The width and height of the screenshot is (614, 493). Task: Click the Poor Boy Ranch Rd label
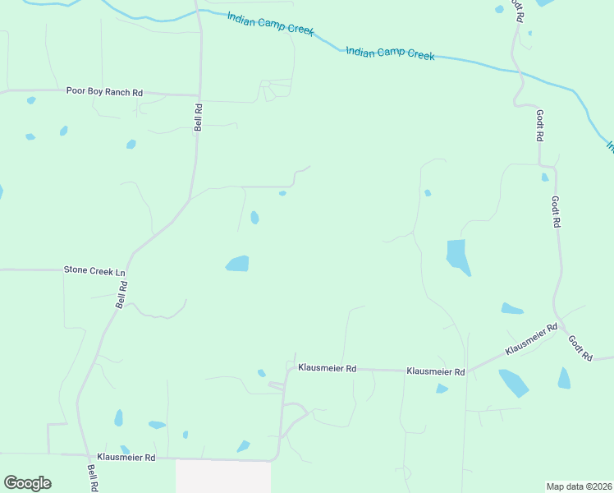104,93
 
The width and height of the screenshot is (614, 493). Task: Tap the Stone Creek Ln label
95,270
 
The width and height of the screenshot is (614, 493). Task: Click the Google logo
27,483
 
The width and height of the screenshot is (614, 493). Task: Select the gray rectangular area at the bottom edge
223,477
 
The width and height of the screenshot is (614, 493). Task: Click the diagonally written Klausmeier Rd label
531,339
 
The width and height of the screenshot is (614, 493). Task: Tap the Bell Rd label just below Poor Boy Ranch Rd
198,117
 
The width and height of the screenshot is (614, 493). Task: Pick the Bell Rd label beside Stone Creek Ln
122,294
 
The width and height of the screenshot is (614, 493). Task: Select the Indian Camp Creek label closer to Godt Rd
390,53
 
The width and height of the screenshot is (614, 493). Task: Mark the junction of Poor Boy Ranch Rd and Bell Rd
199,94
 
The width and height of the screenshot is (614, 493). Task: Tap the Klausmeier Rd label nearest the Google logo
126,456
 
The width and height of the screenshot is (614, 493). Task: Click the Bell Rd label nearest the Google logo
92,477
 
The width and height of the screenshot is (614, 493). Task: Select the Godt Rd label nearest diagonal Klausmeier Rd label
580,348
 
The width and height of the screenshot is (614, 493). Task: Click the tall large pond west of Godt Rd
457,256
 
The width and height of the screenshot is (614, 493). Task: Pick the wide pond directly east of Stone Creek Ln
237,263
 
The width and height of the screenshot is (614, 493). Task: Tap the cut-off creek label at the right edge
610,145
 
